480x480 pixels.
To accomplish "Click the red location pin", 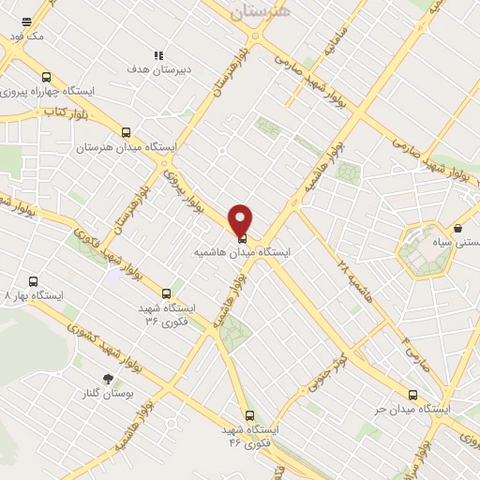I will [x=242, y=220].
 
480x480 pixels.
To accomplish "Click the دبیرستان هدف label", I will [x=158, y=69].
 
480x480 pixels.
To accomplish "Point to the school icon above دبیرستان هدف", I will [x=158, y=55].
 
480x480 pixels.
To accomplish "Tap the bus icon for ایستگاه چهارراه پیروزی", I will [x=47, y=78].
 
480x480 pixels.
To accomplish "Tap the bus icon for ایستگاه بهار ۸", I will [x=34, y=280].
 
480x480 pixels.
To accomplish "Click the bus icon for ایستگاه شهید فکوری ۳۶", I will [x=166, y=293].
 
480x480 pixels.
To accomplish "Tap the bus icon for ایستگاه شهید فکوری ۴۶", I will [x=248, y=413].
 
